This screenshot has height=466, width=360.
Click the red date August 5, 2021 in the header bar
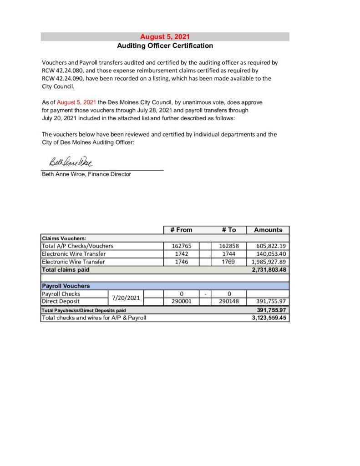[x=165, y=37]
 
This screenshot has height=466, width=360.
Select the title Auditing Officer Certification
[x=165, y=46]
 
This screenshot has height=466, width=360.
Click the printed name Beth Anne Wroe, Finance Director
[x=86, y=174]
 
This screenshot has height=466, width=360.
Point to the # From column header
[x=181, y=230]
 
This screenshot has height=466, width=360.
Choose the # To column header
[x=229, y=230]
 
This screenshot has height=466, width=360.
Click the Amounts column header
[x=268, y=230]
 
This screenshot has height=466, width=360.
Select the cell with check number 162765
[x=181, y=246]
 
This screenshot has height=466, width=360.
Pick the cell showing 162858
[x=229, y=246]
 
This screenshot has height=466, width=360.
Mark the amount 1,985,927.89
[x=269, y=262]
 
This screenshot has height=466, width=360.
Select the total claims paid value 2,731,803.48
[x=269, y=270]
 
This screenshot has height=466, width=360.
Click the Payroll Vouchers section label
[x=66, y=286]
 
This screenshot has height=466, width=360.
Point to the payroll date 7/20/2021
[x=126, y=298]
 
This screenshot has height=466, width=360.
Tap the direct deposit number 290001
[x=181, y=301]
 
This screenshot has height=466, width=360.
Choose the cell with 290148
[x=229, y=301]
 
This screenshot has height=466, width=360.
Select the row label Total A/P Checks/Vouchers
[x=77, y=246]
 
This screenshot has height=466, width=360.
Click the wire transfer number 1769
[x=229, y=262]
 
